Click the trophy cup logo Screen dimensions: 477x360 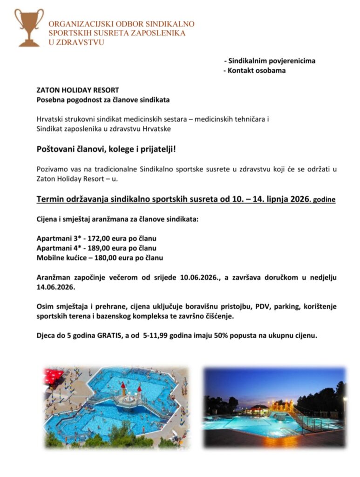click(x=29, y=27)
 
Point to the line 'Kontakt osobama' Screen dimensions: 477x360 click(x=257, y=71)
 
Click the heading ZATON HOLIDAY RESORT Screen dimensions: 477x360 click(x=78, y=90)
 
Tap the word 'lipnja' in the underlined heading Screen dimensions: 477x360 click(x=271, y=199)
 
